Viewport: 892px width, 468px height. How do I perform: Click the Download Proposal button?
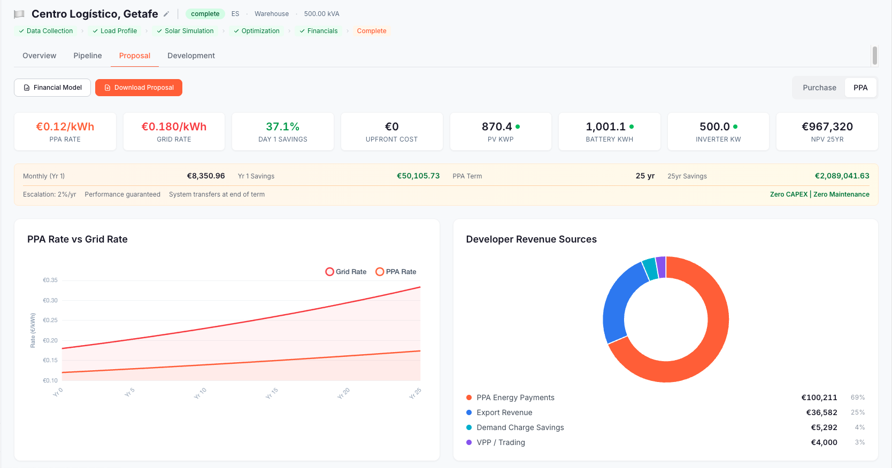coord(139,88)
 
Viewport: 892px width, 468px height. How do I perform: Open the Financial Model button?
coord(52,88)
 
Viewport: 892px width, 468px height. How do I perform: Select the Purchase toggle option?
coord(819,88)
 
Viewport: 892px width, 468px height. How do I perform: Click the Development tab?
coord(191,56)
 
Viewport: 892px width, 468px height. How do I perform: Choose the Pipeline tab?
coord(88,56)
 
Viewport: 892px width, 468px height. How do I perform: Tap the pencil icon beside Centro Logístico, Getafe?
coord(166,14)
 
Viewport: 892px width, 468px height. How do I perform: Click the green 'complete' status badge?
coord(205,14)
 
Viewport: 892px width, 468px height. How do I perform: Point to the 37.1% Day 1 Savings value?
coord(282,127)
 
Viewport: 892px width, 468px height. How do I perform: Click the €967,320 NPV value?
coord(827,127)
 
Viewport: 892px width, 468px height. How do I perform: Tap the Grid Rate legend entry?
coord(346,272)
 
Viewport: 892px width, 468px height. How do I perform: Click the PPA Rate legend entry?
coord(396,272)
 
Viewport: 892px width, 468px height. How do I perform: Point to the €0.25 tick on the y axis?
coord(50,320)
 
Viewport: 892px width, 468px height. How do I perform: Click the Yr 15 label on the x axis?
coord(272,394)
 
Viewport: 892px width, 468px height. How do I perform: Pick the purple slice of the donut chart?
coord(661,267)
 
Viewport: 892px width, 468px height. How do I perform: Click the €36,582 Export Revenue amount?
coord(821,412)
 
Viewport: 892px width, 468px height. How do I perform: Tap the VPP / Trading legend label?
coord(501,442)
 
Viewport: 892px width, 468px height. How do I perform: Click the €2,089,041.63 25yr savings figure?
coord(842,176)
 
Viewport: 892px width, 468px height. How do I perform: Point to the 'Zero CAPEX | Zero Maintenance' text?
coord(819,194)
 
